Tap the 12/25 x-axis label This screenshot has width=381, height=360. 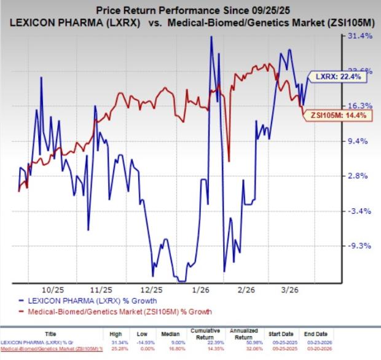(151, 289)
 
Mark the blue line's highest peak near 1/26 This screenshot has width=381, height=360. (211, 37)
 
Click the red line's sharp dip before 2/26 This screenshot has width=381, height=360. (229, 161)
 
